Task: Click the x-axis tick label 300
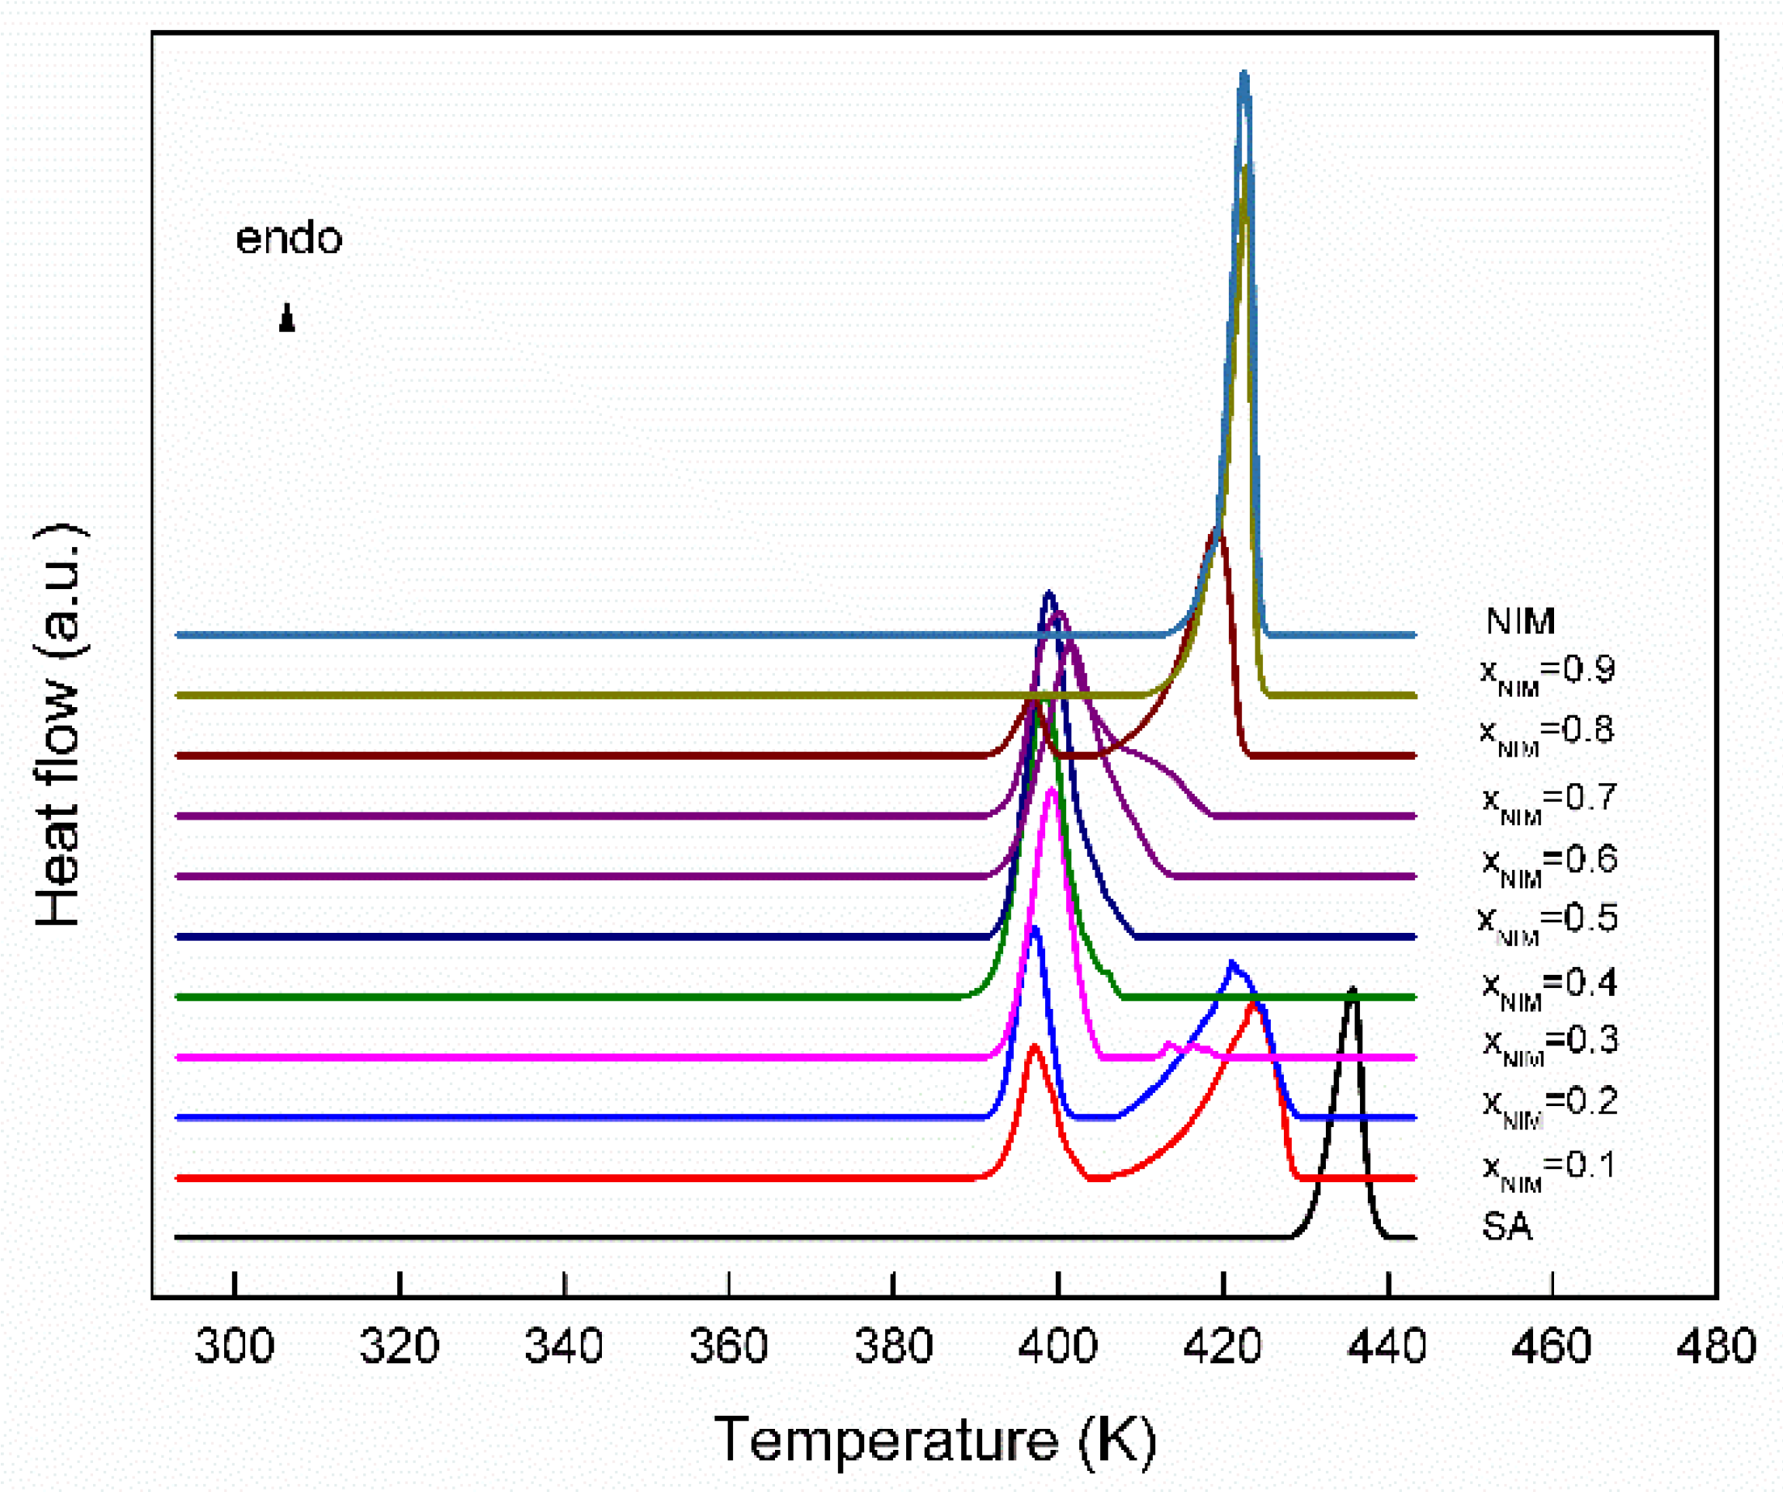tap(235, 1348)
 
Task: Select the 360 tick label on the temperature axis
tap(728, 1348)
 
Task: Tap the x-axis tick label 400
tap(1058, 1348)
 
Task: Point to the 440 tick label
tap(1387, 1348)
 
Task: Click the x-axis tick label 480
tap(1716, 1348)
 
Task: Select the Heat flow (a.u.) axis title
tap(59, 726)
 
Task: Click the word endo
tap(289, 239)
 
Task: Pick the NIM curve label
tap(1521, 621)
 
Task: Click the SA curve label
tap(1507, 1227)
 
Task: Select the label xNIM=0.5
tap(1547, 921)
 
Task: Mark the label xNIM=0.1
tap(1547, 1167)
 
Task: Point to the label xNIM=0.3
tap(1550, 1043)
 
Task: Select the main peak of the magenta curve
tap(1052, 791)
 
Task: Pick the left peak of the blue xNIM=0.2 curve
tap(1034, 929)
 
